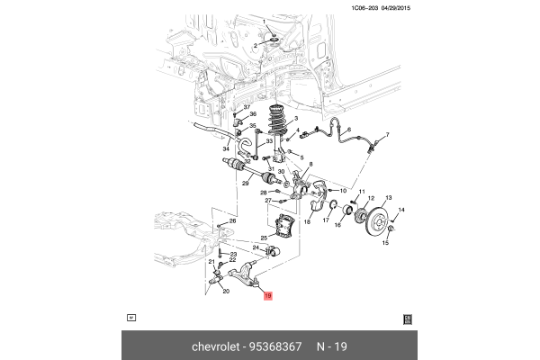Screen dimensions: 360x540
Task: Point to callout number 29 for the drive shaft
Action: pos(244,184)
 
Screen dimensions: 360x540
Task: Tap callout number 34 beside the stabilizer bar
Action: pos(227,148)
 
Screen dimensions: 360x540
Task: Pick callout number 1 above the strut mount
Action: pos(264,22)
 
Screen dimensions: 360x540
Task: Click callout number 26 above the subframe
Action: pos(231,221)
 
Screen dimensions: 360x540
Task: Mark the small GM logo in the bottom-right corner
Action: pos(407,318)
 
